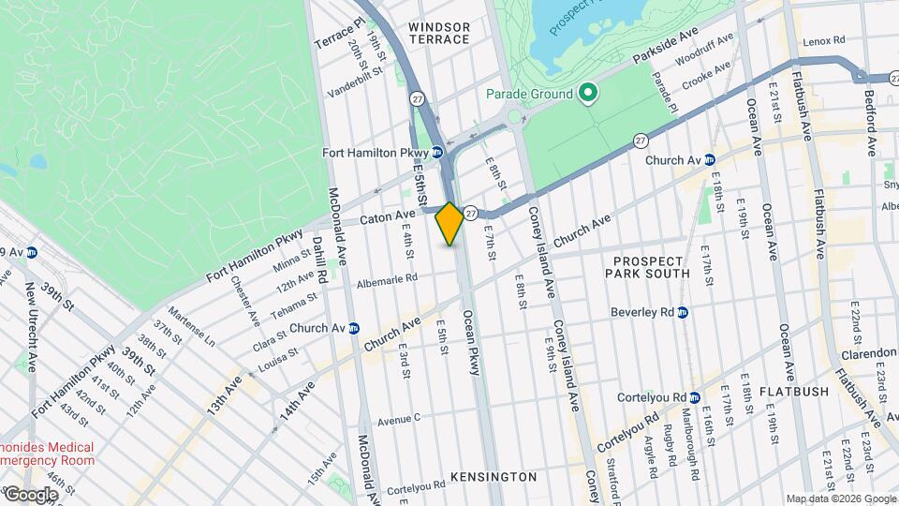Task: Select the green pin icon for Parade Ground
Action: click(x=587, y=94)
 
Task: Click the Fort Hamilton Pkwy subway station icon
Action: click(x=437, y=153)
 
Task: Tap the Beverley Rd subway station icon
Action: click(x=682, y=312)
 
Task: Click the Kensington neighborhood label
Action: click(x=494, y=477)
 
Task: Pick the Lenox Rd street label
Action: click(x=825, y=40)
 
